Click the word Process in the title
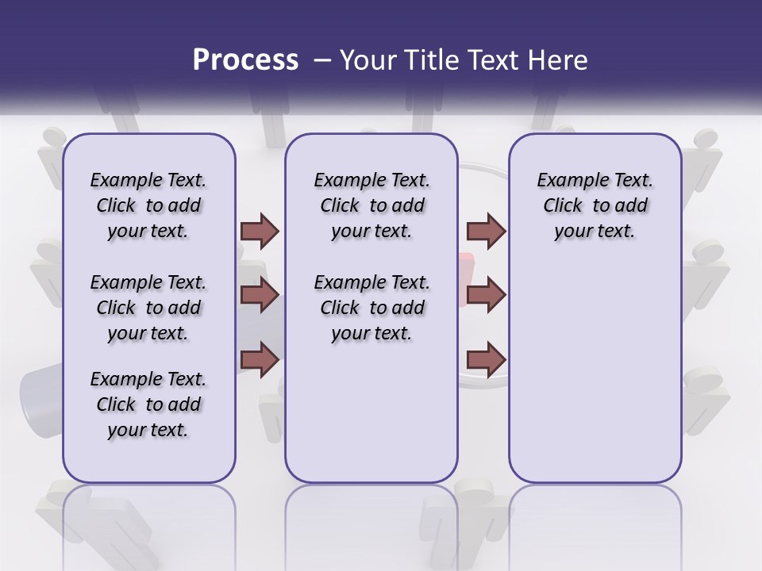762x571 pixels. pos(244,59)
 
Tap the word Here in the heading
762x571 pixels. pos(558,59)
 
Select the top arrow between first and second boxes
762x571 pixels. pos(260,231)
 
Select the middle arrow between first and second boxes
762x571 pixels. pos(260,295)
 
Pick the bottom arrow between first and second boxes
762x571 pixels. pos(260,359)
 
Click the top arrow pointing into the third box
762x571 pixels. pos(486,231)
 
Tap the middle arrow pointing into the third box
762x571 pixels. pos(486,295)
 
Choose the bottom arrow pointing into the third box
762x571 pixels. pos(486,359)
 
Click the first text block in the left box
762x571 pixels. pos(148,205)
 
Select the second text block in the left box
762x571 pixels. pos(148,308)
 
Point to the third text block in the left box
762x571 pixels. pos(148,404)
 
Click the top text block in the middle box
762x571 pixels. pos(371,205)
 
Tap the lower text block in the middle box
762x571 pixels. pos(371,308)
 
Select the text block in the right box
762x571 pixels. pos(595,205)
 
